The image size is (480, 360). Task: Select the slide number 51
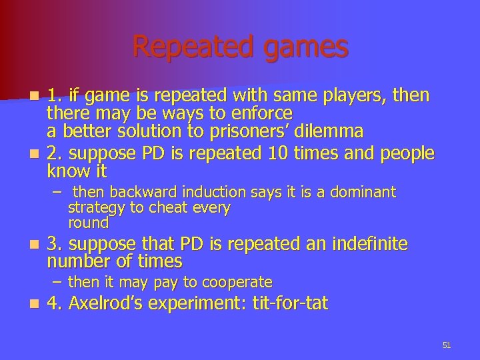coord(447,345)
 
